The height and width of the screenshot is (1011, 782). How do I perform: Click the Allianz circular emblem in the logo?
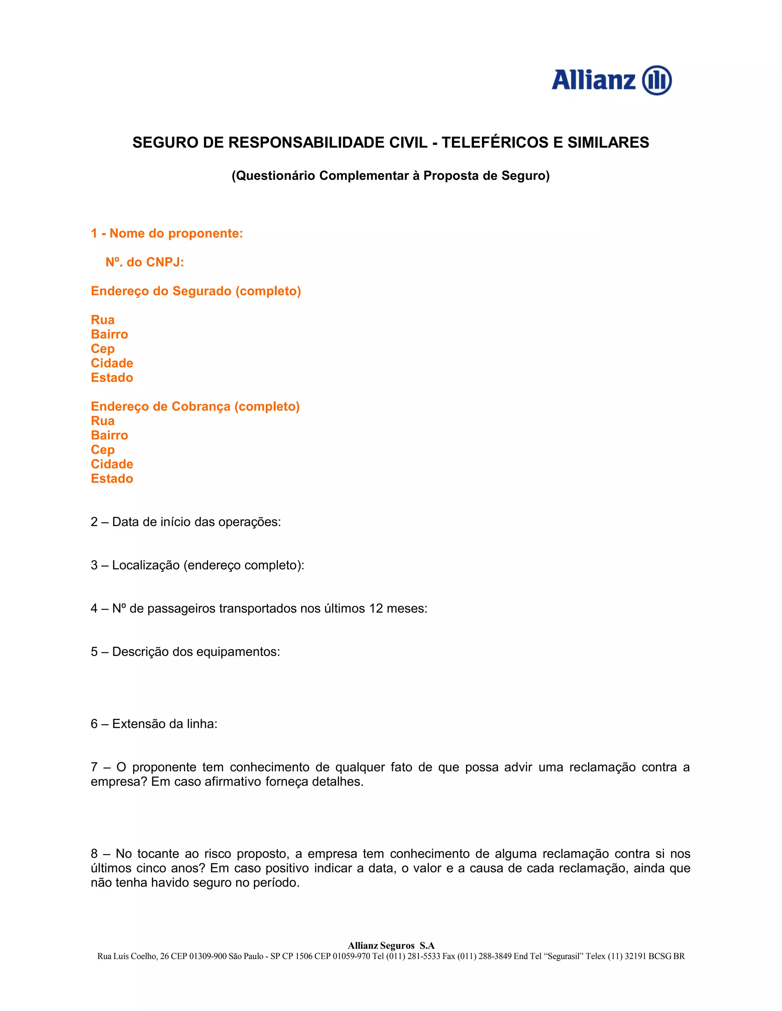tap(656, 80)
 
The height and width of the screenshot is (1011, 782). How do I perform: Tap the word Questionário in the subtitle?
tap(275, 176)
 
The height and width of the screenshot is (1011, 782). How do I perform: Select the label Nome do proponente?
tap(176, 233)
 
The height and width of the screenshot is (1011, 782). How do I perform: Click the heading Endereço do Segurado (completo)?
tap(195, 291)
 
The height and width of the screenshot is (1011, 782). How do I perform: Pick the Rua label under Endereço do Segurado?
tap(102, 320)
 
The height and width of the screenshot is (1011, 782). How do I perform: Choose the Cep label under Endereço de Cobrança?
tap(102, 450)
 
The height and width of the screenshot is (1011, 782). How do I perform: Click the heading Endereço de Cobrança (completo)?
tap(195, 406)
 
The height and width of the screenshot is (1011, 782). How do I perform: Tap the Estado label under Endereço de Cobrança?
tap(111, 479)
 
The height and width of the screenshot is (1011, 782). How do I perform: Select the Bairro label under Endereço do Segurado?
tap(109, 334)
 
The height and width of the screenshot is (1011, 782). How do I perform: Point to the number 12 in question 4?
tap(376, 609)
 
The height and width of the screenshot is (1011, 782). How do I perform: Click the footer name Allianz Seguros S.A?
tap(391, 946)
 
